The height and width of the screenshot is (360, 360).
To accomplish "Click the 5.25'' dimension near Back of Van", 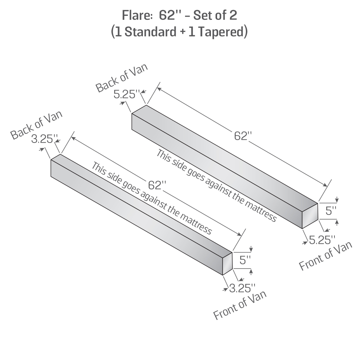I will coord(126,95).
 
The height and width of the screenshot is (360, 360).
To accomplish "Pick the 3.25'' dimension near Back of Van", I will coord(44,139).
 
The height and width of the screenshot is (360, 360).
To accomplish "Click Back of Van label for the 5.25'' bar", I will coord(121,78).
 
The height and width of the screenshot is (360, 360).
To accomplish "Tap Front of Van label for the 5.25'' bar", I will coord(325,256).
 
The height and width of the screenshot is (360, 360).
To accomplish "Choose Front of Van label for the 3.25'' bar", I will coord(240,305).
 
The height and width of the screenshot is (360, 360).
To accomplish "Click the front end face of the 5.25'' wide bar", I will coord(310,215).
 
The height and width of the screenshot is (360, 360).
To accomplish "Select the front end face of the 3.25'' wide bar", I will coord(228,264).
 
